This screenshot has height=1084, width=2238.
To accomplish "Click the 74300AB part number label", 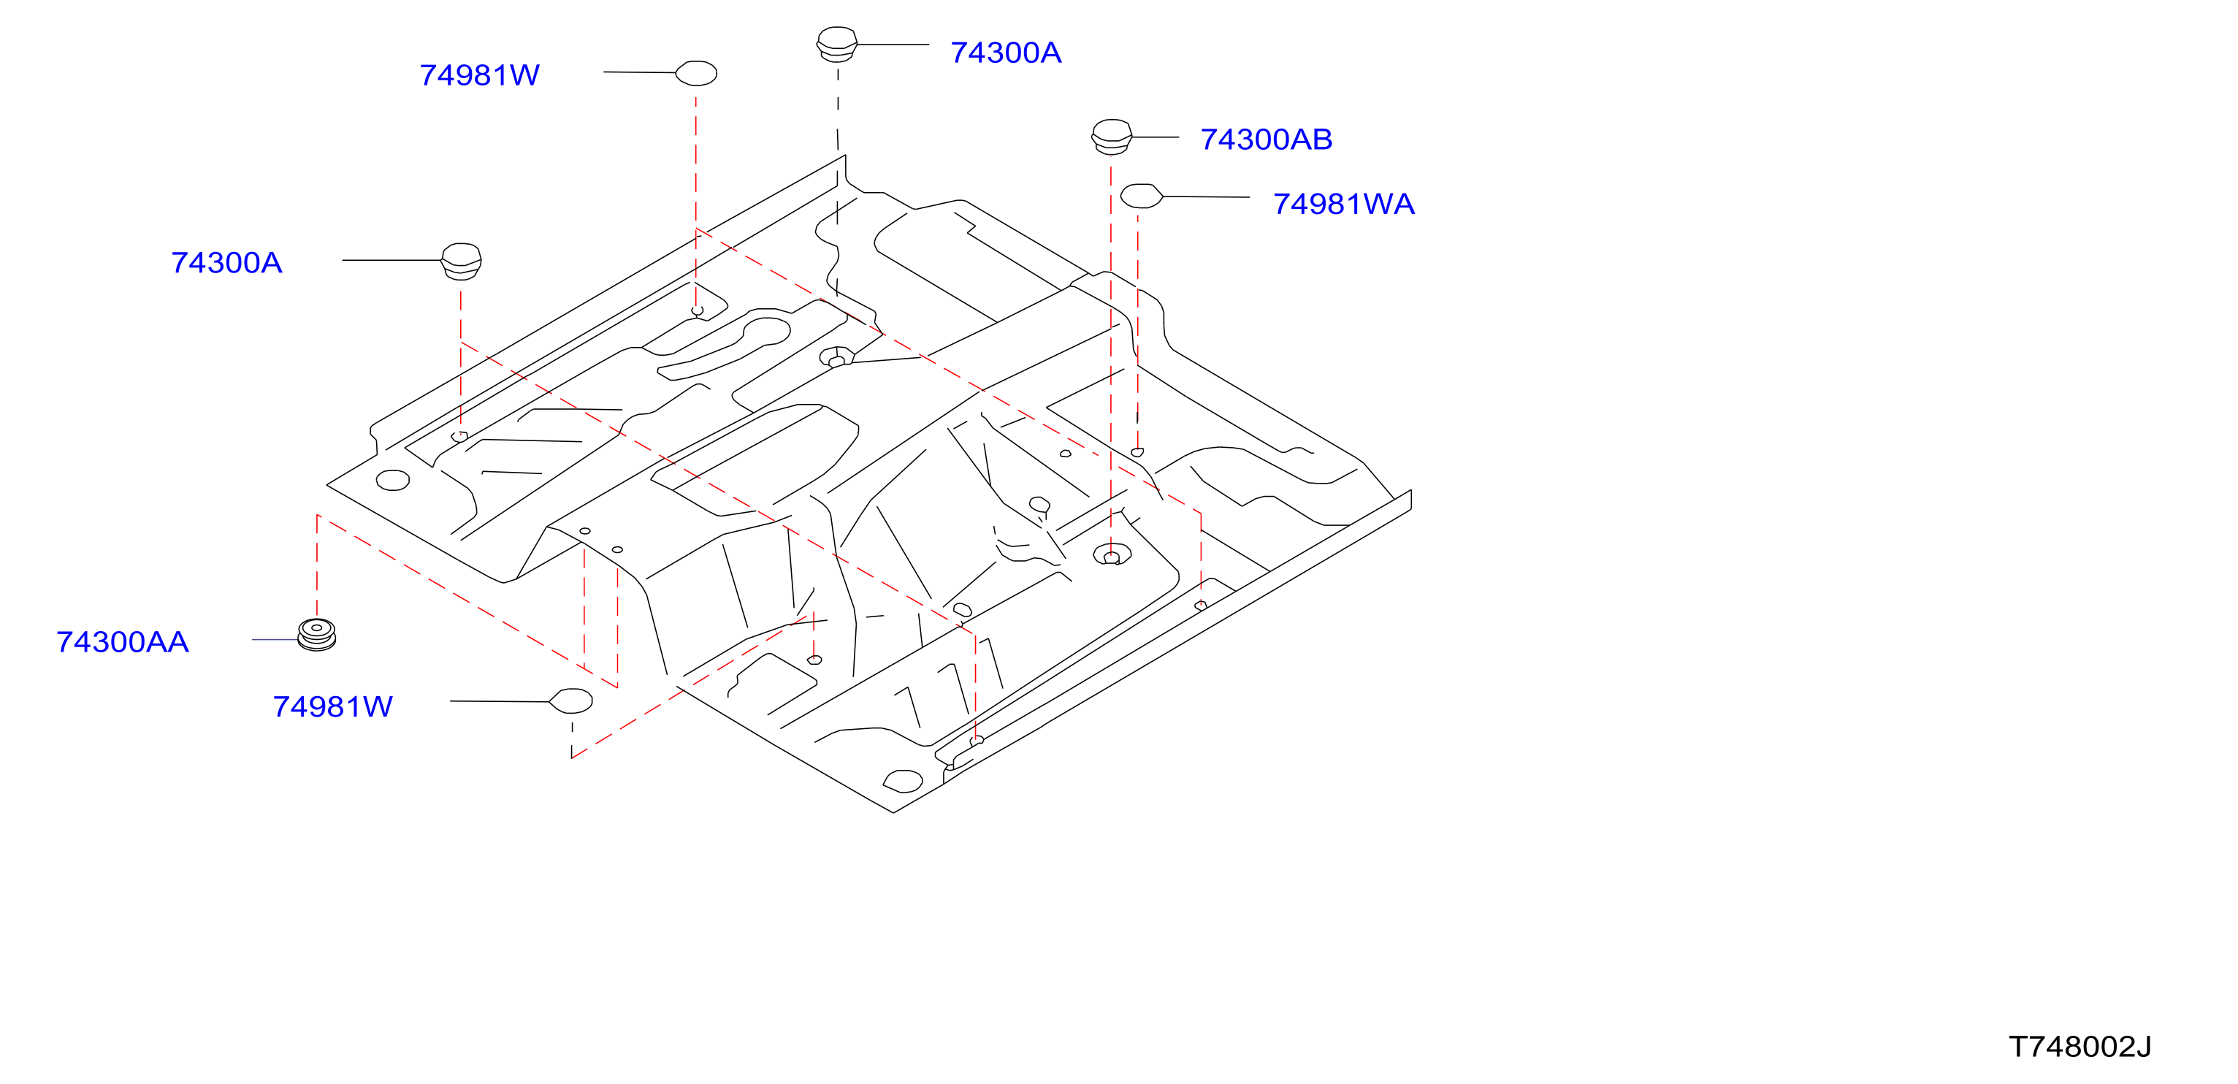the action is (1266, 139).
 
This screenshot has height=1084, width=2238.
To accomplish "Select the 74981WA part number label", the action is (1344, 204).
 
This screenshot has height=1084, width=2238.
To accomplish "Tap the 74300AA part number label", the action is (123, 642).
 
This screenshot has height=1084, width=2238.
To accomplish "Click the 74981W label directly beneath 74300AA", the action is (333, 707).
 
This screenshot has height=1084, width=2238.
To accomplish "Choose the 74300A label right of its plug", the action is (1006, 53).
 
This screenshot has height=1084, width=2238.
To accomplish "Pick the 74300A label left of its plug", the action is (226, 263).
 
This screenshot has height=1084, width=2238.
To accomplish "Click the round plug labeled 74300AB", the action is (1111, 137).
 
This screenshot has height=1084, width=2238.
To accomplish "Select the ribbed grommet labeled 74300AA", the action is (316, 634).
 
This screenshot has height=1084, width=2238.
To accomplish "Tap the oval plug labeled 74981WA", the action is (1142, 196).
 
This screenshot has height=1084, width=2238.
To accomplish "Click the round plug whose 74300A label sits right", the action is (836, 45).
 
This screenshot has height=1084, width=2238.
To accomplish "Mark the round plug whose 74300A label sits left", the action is (462, 262).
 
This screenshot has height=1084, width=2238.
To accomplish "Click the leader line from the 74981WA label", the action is (1207, 197).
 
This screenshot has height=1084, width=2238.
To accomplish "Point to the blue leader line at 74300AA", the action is (275, 640).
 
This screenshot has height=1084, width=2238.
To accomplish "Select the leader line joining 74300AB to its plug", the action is (1156, 137).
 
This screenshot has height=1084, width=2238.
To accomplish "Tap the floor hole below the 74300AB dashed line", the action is (1112, 555).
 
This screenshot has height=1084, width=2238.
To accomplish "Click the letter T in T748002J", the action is (2019, 1047).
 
